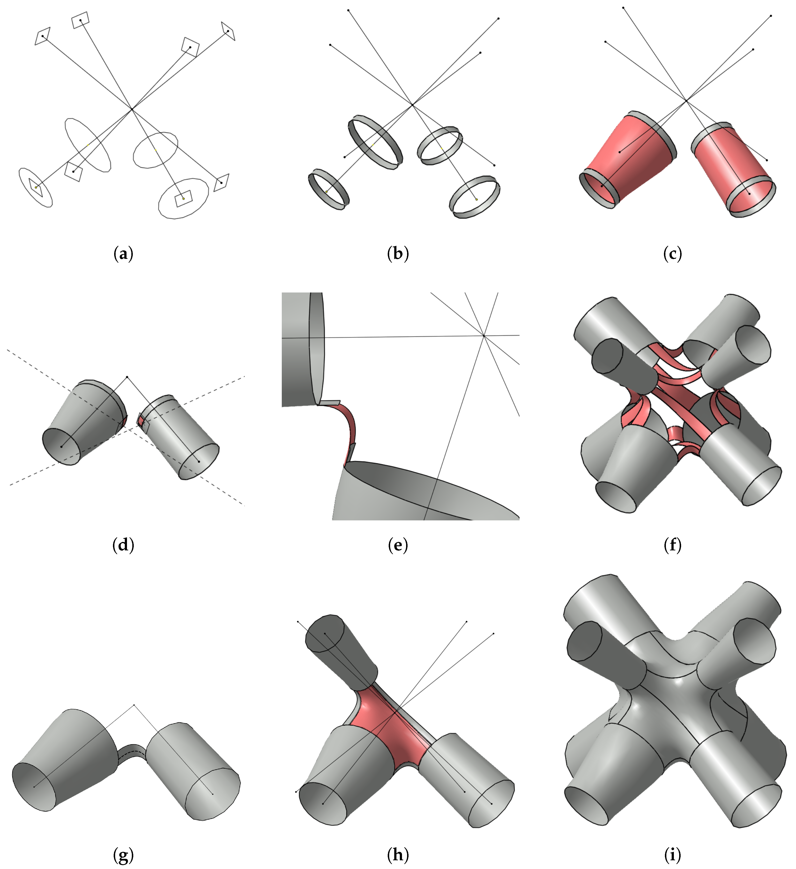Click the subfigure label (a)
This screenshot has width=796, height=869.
coord(123,254)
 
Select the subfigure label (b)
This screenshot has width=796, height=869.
coord(398,254)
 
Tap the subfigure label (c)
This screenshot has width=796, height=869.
coord(673,254)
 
